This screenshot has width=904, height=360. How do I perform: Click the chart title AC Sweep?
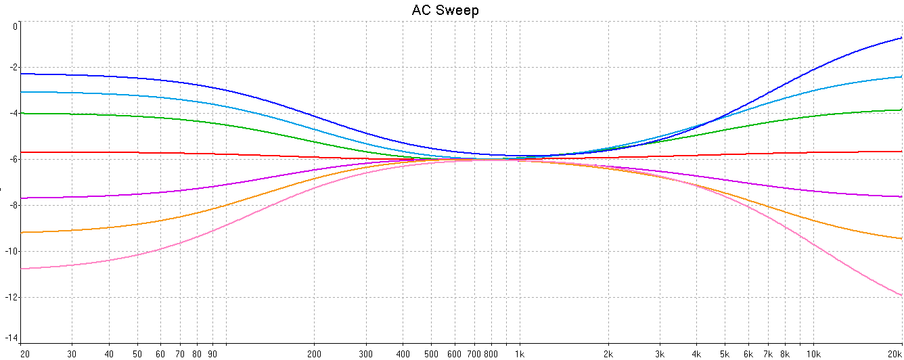tap(445, 10)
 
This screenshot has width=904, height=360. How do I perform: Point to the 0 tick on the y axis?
tap(16, 26)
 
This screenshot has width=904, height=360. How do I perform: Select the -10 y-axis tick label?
tap(12, 251)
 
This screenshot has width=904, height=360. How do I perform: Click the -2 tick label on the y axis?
tap(14, 68)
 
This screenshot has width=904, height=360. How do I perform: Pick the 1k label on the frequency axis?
tap(519, 354)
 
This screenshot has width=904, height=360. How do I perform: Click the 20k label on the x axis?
tap(894, 354)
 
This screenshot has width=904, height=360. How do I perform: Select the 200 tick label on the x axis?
tap(314, 354)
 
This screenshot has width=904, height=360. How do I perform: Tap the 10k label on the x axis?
tap(813, 354)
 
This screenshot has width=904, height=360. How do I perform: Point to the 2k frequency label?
tap(608, 354)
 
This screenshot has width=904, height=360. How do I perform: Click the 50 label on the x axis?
tap(137, 354)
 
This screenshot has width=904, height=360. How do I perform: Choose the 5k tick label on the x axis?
tap(725, 354)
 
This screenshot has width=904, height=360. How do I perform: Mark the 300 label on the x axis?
tap(366, 354)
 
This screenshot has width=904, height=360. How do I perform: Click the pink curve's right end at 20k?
tap(901, 294)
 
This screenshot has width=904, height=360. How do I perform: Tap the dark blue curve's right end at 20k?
tap(901, 38)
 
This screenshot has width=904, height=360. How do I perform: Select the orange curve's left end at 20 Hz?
tap(22, 232)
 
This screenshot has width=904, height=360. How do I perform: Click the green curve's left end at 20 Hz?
tap(22, 114)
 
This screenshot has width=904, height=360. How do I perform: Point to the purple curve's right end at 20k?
tap(901, 196)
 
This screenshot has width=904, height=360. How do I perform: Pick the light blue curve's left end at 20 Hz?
tap(22, 91)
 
